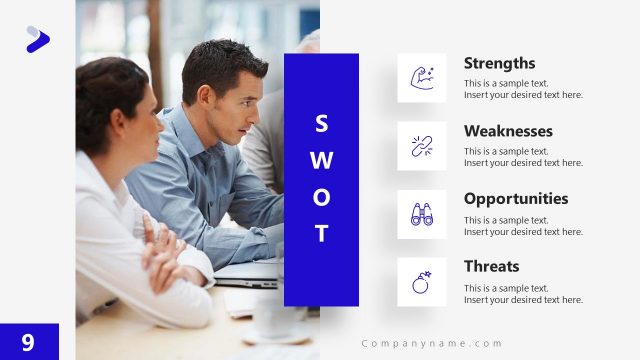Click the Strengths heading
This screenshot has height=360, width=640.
pyautogui.click(x=499, y=63)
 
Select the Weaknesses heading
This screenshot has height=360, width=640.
pyautogui.click(x=508, y=131)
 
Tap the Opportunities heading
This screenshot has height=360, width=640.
pyautogui.click(x=515, y=198)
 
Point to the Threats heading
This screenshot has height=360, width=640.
pyautogui.click(x=491, y=266)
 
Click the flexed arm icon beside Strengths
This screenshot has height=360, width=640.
pyautogui.click(x=421, y=78)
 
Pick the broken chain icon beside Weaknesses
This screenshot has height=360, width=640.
pyautogui.click(x=421, y=146)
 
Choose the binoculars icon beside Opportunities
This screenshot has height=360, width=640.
pyautogui.click(x=421, y=214)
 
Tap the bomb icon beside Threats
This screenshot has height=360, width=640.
pyautogui.click(x=421, y=282)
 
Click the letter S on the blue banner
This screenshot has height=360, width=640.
pyautogui.click(x=321, y=123)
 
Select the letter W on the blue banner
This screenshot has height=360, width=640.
pyautogui.click(x=321, y=160)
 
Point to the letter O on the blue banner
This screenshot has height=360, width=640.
pyautogui.click(x=321, y=197)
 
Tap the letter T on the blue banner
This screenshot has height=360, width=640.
pyautogui.click(x=321, y=234)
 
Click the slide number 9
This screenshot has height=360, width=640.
pyautogui.click(x=28, y=342)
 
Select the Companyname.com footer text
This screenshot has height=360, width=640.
pyautogui.click(x=432, y=343)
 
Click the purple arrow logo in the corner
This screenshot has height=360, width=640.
pyautogui.click(x=37, y=39)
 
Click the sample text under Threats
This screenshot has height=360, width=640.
pyautogui.click(x=522, y=294)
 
